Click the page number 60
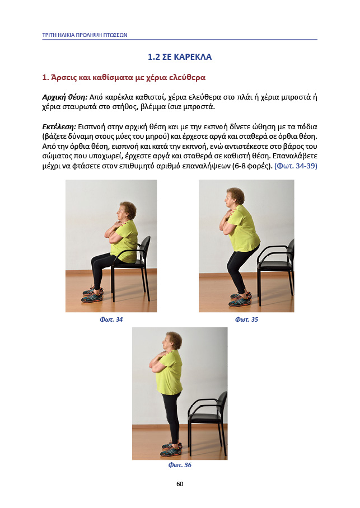click(x=180, y=484)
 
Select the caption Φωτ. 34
click(x=111, y=319)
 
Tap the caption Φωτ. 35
click(x=246, y=319)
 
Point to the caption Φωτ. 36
click(x=180, y=465)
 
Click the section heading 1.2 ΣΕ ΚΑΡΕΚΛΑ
click(x=180, y=57)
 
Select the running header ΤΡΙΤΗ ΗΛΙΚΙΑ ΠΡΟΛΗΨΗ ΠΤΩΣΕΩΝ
click(x=85, y=35)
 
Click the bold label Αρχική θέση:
click(x=65, y=97)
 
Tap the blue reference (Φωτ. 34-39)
click(x=296, y=166)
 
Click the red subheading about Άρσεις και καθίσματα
click(x=124, y=77)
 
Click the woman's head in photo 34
click(x=126, y=211)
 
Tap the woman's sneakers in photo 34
click(x=93, y=294)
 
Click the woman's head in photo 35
click(x=234, y=197)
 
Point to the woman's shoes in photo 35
click(x=240, y=299)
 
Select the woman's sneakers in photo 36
click(x=171, y=449)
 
